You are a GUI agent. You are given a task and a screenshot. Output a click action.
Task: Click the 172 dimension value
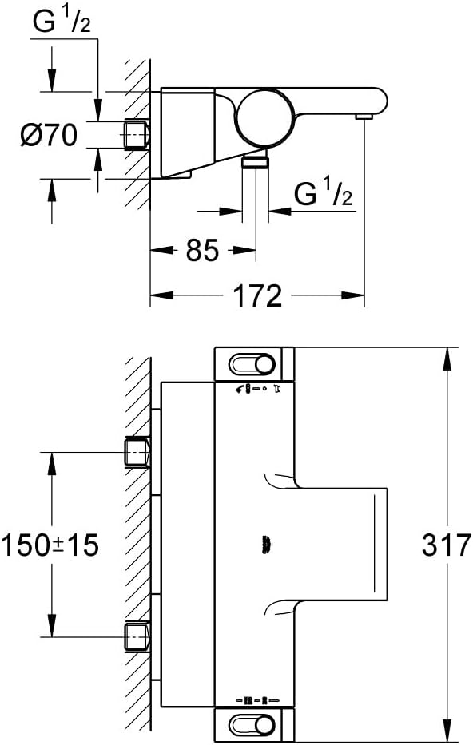click(x=257, y=295)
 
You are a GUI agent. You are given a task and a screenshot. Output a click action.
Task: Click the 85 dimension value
click(x=202, y=250)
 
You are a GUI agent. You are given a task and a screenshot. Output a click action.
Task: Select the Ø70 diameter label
click(x=49, y=135)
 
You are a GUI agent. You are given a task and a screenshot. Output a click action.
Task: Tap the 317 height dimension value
click(x=446, y=545)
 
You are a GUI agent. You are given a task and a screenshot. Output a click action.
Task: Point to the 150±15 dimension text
click(x=50, y=545)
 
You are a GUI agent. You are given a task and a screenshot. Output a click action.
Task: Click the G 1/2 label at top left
click(x=62, y=22)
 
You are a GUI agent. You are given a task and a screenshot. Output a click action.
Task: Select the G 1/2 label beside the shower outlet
click(x=324, y=192)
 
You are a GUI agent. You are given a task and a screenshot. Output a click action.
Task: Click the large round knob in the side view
click(x=263, y=117)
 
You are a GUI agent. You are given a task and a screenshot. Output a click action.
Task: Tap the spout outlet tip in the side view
click(x=364, y=117)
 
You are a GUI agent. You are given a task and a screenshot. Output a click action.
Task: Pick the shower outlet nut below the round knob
click(x=256, y=162)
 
